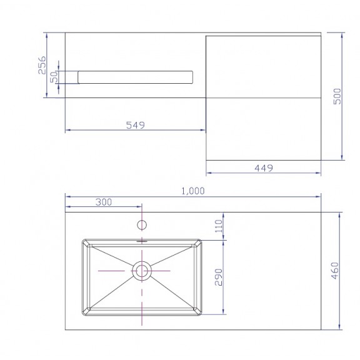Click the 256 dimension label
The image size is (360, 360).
coord(42,65)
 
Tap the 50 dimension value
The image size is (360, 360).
coord(54,77)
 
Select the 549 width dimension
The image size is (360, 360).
coord(136,125)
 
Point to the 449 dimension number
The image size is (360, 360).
coord(264,168)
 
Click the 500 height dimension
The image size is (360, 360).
coord(337,96)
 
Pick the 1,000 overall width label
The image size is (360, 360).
coord(193,191)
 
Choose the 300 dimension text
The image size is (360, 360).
coord(104,202)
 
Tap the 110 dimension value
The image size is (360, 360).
coord(219,226)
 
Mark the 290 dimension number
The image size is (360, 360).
coord(219,277)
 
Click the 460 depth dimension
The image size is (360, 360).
coord(335,271)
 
